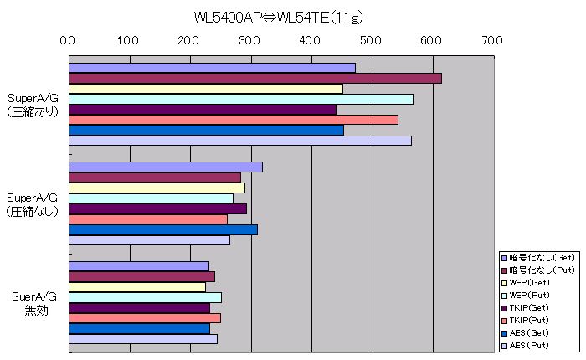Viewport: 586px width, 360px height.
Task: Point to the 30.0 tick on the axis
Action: pos(249,39)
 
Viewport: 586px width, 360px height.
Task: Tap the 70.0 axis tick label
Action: pos(492,39)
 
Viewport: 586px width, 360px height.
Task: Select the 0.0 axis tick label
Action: pos(69,39)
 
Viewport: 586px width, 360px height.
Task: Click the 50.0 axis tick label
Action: pos(371,39)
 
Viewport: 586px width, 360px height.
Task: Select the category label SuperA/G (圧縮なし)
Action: pos(33,204)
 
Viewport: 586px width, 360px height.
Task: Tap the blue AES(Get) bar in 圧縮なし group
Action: pos(162,229)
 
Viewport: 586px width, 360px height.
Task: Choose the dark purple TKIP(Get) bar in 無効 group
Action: pos(138,307)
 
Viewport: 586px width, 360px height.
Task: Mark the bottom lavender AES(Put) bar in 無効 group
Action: pos(142,338)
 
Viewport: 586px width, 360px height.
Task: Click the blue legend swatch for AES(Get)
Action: pos(505,332)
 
